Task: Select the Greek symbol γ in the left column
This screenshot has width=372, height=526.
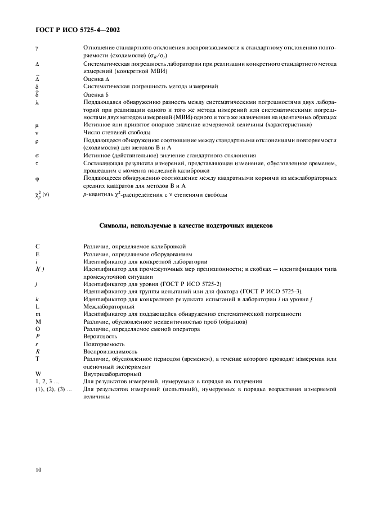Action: pyautogui.click(x=36, y=49)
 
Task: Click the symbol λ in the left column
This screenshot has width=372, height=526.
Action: pyautogui.click(x=37, y=103)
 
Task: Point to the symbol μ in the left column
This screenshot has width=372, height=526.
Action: pyautogui.click(x=36, y=125)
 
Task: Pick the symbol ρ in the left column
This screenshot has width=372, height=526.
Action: pyautogui.click(x=37, y=139)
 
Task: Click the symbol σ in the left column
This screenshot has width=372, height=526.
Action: pyautogui.click(x=37, y=155)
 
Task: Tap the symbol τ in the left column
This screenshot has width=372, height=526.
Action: pyautogui.click(x=36, y=163)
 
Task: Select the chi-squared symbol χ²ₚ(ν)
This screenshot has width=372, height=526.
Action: pyautogui.click(x=43, y=195)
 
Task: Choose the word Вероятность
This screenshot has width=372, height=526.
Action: pyautogui.click(x=99, y=336)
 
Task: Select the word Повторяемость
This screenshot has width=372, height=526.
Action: pyautogui.click(x=104, y=343)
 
